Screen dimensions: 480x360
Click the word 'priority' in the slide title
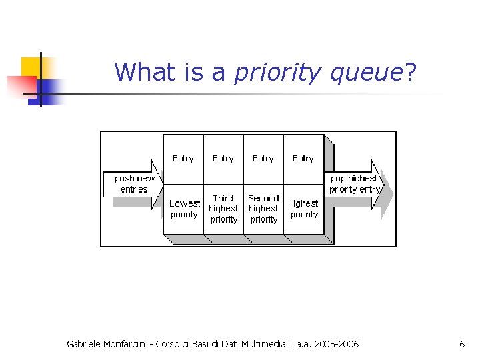(277, 72)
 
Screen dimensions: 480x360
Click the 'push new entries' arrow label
(133, 184)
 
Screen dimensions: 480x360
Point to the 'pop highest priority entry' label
(354, 184)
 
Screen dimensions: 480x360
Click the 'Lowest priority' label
(184, 209)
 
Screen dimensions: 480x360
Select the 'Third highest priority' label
(223, 209)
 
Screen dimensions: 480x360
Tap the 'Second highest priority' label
(263, 209)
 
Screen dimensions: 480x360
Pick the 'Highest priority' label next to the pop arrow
(303, 209)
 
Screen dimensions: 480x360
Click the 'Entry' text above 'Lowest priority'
(183, 159)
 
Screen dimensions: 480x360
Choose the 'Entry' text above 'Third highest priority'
(223, 159)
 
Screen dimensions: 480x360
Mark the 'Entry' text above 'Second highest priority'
(263, 159)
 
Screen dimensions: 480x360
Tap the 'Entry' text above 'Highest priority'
(303, 159)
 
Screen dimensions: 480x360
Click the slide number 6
(462, 344)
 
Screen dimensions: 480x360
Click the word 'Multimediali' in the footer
(265, 344)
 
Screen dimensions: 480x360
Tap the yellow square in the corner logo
(31, 67)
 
